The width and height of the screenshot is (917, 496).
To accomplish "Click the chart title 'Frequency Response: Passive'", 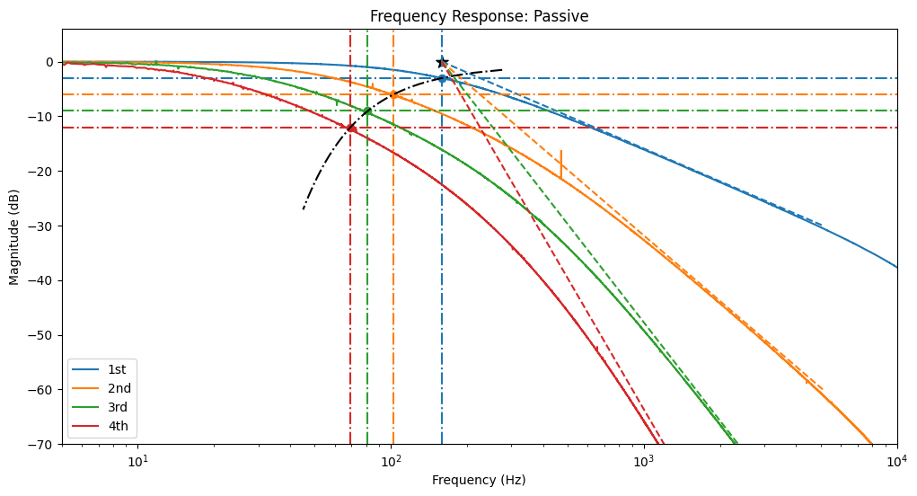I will click(x=479, y=16).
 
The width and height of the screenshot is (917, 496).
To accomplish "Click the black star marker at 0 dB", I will click(x=442, y=62).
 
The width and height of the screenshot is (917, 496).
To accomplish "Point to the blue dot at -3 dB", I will click(x=442, y=78).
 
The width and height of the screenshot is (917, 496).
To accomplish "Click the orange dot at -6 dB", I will click(x=392, y=94).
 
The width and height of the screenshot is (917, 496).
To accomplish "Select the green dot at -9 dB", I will click(x=367, y=111).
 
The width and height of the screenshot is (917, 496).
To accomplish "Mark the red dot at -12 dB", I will click(x=351, y=128).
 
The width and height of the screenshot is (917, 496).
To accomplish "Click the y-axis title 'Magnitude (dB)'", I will click(x=14, y=236).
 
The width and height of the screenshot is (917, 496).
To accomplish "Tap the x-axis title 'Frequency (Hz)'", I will click(x=479, y=480).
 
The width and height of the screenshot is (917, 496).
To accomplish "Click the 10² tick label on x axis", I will click(x=391, y=459).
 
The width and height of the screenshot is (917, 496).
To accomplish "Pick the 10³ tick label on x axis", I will click(x=644, y=459).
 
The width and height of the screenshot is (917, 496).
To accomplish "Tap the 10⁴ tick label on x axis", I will click(x=896, y=459).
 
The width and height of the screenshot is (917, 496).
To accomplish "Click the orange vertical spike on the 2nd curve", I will click(x=561, y=164).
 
